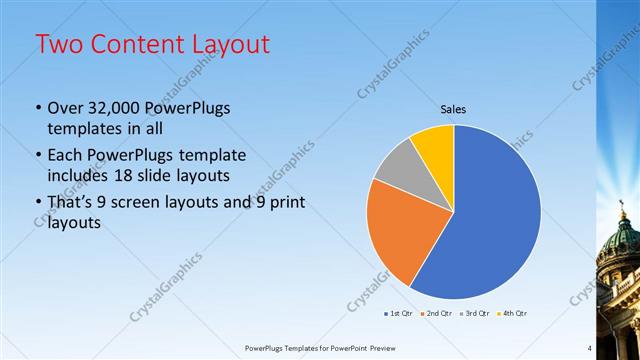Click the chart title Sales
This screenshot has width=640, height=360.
tap(454, 109)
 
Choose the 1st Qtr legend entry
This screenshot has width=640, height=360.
tap(399, 313)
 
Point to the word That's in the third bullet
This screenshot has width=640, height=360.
tap(72, 203)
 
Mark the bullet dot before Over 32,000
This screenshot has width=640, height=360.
tap(38, 108)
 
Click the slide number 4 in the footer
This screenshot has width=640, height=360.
tap(589, 348)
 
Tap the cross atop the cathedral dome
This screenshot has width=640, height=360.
tap(621, 213)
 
